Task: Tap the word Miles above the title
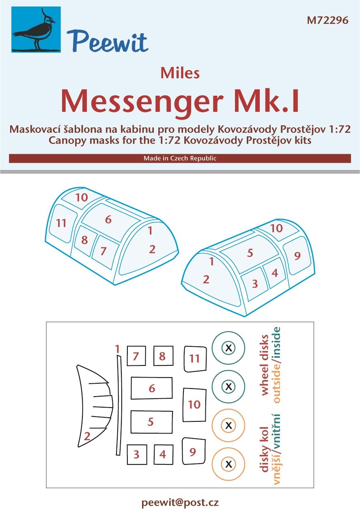(179, 73)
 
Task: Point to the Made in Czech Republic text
(180, 158)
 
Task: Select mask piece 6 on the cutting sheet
(152, 388)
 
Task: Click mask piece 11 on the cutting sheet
(194, 359)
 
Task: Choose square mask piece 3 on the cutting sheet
(136, 454)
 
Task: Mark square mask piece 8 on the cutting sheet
(163, 356)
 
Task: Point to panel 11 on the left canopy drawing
(62, 224)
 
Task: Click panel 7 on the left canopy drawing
(103, 251)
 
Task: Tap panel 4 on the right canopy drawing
(274, 273)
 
